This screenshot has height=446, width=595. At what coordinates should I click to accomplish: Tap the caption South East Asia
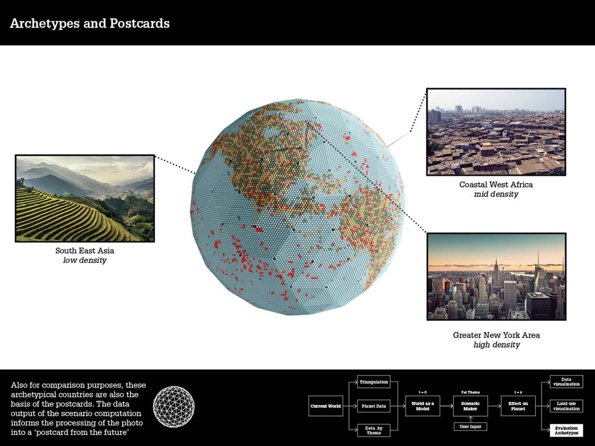tap(84, 251)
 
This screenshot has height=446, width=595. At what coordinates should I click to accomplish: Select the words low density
tap(84, 260)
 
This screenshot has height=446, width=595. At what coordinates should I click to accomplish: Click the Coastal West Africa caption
tap(496, 185)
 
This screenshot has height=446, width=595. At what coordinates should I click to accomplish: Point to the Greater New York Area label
tap(496, 335)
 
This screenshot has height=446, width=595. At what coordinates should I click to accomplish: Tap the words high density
tap(496, 344)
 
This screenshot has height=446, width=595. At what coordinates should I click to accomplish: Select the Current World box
tap(325, 406)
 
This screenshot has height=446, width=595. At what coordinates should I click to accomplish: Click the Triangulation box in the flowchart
tap(373, 382)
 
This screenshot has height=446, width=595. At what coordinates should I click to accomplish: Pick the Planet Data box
tap(373, 406)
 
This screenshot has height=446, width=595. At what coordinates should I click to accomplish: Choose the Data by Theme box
tap(373, 430)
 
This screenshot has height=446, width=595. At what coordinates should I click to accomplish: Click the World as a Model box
tap(422, 406)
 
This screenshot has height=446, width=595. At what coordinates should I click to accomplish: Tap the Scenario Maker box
tap(470, 406)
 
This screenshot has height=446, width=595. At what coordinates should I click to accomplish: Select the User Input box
tap(470, 426)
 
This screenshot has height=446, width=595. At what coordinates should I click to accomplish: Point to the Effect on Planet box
tap(518, 406)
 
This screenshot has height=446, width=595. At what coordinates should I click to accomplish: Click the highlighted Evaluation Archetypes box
tap(566, 430)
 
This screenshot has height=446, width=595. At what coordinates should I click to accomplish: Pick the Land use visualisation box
tap(566, 406)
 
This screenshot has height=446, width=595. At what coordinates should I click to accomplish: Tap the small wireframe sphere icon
tap(174, 407)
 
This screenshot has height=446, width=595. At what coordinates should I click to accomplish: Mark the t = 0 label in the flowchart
tap(422, 392)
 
